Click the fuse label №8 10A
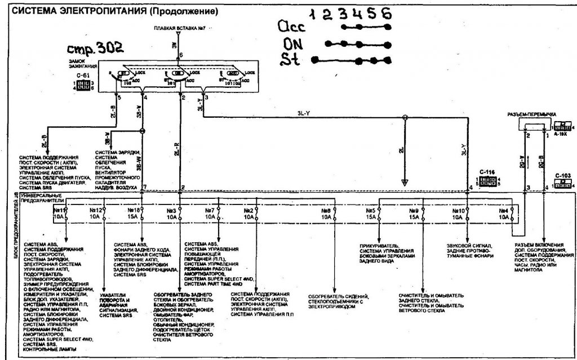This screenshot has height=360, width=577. [x=325, y=213]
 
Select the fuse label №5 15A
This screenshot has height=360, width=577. [x=370, y=213]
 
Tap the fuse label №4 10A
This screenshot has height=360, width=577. [x=503, y=213]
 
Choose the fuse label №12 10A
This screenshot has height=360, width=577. [x=95, y=213]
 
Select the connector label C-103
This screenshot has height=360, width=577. [x=562, y=175]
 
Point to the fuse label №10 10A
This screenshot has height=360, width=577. [x=458, y=213]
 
